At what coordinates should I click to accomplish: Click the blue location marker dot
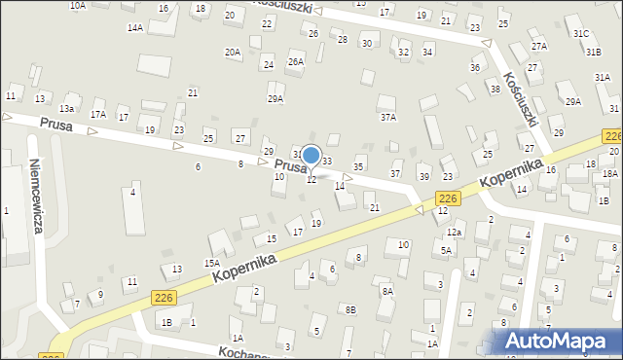[x=311, y=155]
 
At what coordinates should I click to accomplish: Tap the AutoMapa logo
[x=560, y=341]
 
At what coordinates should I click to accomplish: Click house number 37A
[x=388, y=117]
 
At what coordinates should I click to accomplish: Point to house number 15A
[x=211, y=263]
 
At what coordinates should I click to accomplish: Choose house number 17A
[x=98, y=114]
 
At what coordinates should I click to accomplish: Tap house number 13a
[x=67, y=108]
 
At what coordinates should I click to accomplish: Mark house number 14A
[x=134, y=28]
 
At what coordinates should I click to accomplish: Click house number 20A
[x=232, y=53]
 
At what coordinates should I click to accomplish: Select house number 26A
[x=295, y=61]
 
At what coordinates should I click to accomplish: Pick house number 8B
[x=350, y=309]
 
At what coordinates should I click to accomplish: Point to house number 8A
[x=386, y=291]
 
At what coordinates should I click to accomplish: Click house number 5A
[x=446, y=250]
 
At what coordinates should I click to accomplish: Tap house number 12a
[x=454, y=233]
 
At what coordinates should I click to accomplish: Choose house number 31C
[x=581, y=33]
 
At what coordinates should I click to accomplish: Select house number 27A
[x=538, y=46]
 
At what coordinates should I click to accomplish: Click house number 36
[x=475, y=67]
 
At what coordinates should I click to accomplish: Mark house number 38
[x=495, y=89]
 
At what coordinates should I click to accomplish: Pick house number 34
[x=427, y=52]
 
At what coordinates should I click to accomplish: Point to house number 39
[x=423, y=176]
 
